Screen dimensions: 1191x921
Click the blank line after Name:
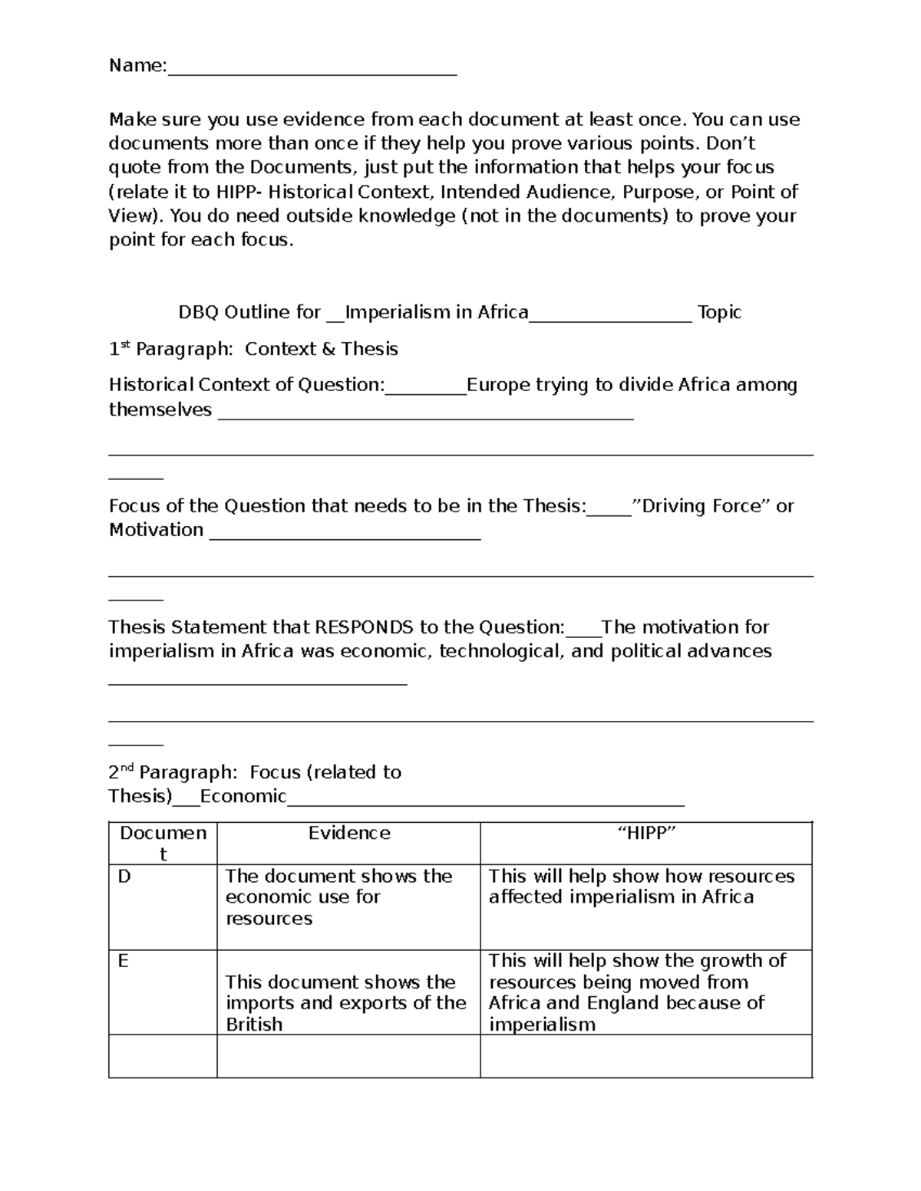click(x=312, y=71)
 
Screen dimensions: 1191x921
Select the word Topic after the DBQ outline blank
click(x=719, y=312)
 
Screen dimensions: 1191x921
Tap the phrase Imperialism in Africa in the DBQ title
click(x=437, y=312)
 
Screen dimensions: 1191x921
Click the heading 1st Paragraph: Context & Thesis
click(x=253, y=349)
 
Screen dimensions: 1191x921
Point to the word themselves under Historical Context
click(x=160, y=410)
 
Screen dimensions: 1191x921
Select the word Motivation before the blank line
click(x=156, y=530)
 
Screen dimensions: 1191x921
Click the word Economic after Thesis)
click(x=243, y=796)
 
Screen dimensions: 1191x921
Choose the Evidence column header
click(x=349, y=834)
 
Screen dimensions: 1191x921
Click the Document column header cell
click(x=163, y=844)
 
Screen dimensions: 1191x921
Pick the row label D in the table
click(x=124, y=877)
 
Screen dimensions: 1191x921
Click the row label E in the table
click(x=123, y=961)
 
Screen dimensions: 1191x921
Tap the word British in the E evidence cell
click(x=254, y=1025)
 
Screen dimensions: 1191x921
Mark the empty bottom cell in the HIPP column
click(x=646, y=1056)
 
